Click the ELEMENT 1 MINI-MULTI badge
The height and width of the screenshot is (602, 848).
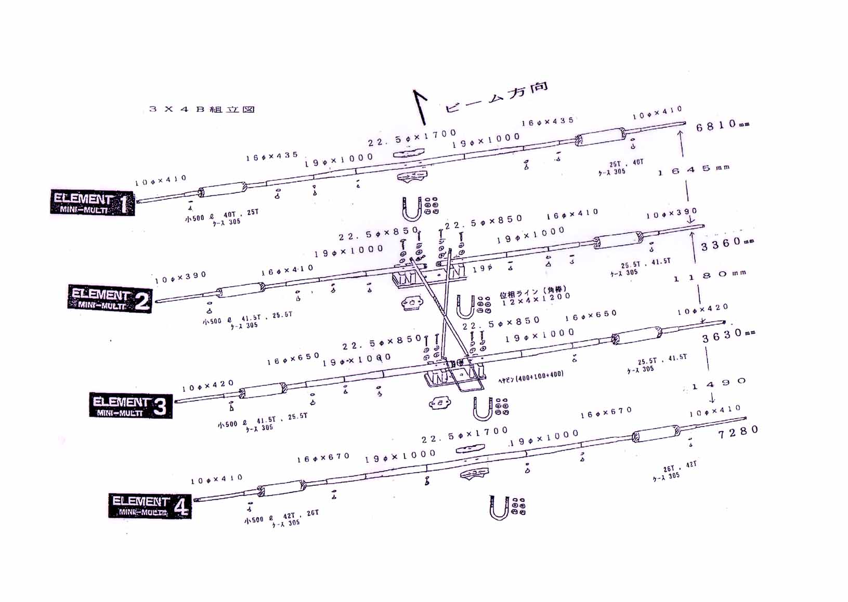pyautogui.click(x=92, y=203)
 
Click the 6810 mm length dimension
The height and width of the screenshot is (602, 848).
pyautogui.click(x=722, y=125)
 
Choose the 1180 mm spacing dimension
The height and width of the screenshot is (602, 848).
pyautogui.click(x=710, y=276)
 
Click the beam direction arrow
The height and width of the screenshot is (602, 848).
pyautogui.click(x=420, y=106)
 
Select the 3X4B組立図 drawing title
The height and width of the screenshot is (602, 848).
pyautogui.click(x=202, y=109)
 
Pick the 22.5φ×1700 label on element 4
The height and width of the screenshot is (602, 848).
pyautogui.click(x=465, y=435)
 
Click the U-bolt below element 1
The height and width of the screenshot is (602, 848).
pyautogui.click(x=411, y=209)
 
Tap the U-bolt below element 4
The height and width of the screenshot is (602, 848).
pyautogui.click(x=498, y=507)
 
